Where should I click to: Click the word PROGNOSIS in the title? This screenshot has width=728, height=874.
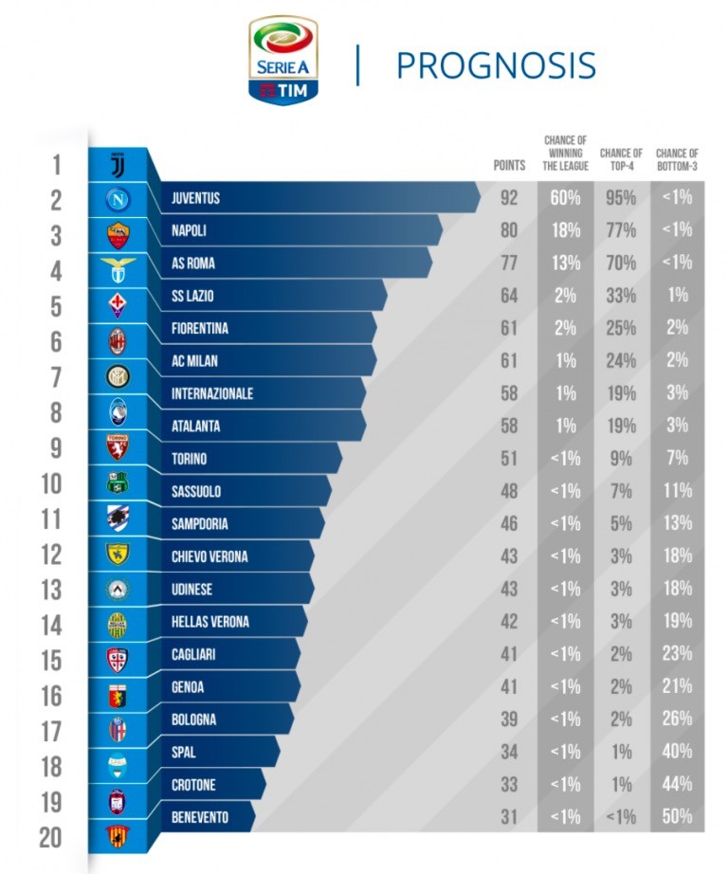tap(495, 64)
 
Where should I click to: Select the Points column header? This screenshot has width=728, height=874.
tap(509, 165)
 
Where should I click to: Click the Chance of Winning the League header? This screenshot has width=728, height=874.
tap(565, 154)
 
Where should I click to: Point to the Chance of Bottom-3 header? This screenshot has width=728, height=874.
tap(677, 159)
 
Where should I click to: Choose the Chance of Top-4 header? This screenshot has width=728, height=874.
tap(621, 159)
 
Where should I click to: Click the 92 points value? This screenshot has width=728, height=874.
tap(509, 198)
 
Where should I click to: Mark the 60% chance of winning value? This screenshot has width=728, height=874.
tap(565, 198)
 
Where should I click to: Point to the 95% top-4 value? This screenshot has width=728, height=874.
tap(621, 198)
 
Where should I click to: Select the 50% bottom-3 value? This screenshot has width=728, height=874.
tap(677, 816)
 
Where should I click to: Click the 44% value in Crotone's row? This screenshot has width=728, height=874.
tap(677, 784)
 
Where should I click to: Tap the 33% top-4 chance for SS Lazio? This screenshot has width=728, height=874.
tap(621, 296)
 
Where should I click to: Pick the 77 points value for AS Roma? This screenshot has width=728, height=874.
tap(509, 263)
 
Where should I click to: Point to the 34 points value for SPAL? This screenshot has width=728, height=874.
tap(509, 752)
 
